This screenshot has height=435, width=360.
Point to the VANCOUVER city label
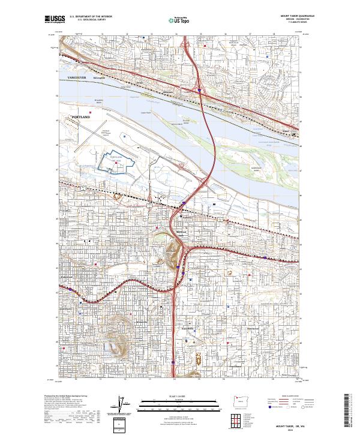77,78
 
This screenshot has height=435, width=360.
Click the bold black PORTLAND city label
80,117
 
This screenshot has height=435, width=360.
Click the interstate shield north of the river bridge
199,91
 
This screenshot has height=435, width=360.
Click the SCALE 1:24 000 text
180,395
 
